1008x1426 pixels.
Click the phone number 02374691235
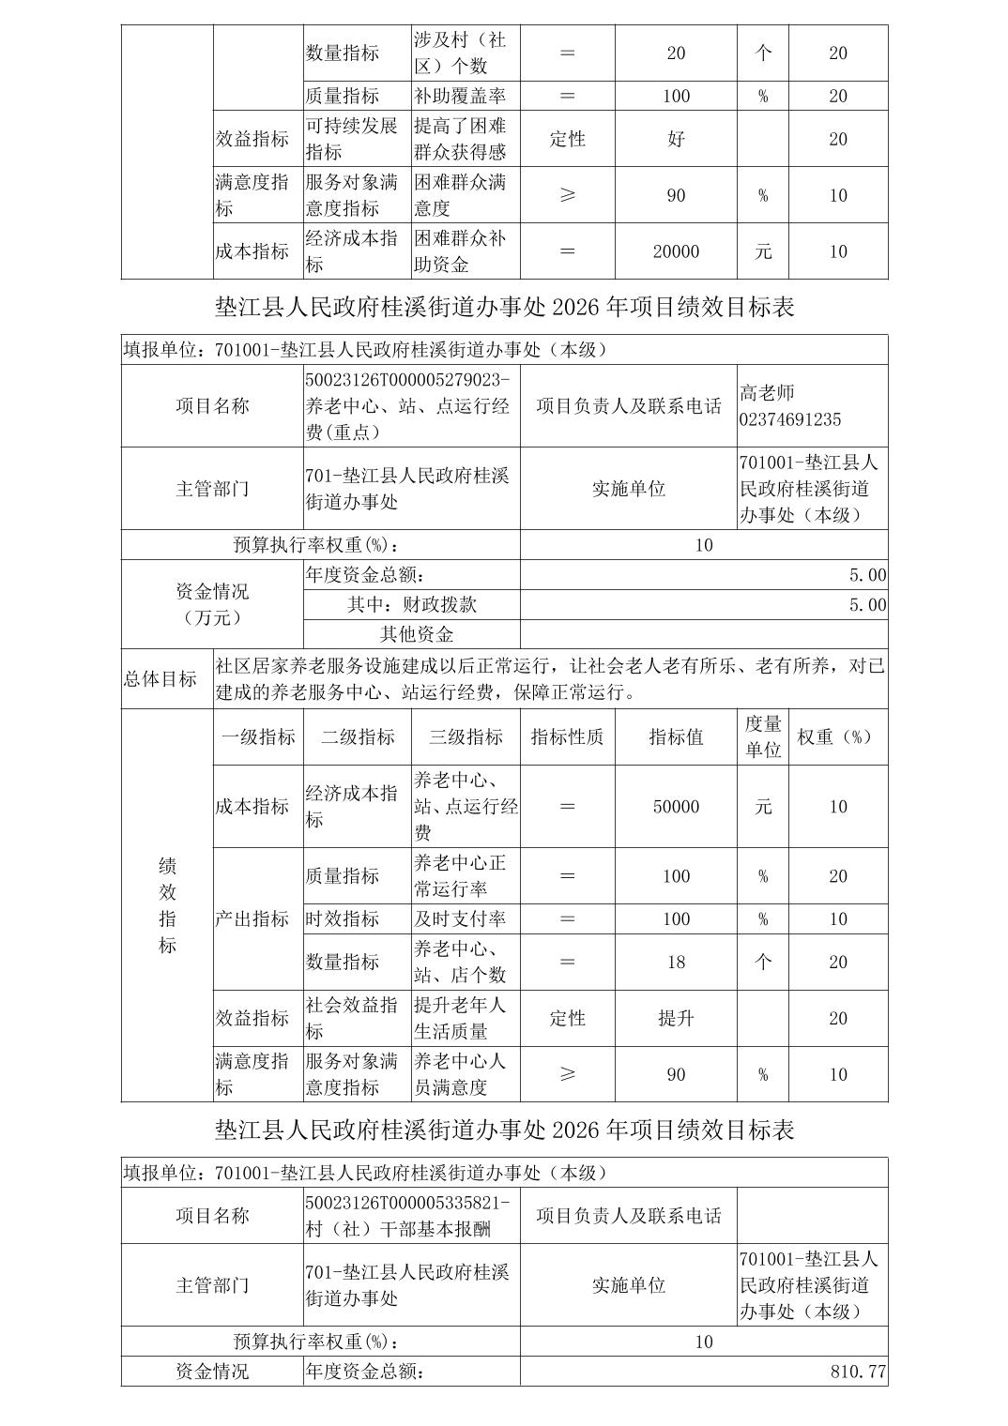[790, 419]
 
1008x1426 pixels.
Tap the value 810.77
[858, 1371]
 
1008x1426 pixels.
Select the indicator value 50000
[676, 807]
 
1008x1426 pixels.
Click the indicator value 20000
[676, 251]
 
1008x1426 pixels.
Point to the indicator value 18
[676, 962]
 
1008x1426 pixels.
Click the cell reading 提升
[676, 1018]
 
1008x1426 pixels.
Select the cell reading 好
[676, 139]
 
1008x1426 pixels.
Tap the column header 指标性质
[567, 737]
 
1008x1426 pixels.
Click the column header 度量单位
[763, 736]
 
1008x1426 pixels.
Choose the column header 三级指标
[466, 737]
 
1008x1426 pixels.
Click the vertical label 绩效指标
[167, 905]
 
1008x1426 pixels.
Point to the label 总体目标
[160, 679]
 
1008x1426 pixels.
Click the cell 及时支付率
[460, 919]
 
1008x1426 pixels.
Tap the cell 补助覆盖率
[460, 96]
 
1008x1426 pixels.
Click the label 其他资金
[416, 634]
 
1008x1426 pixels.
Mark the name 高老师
[767, 393]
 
